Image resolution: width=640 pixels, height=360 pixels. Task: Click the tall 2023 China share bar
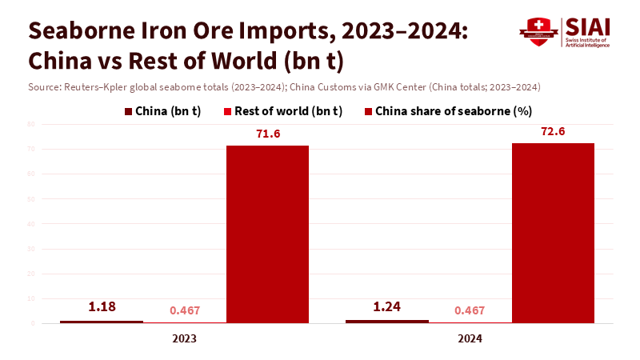267,234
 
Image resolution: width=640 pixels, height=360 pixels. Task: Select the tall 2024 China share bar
553,232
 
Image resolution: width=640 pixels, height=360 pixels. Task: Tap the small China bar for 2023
102,322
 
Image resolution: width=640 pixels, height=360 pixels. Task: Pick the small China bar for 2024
387,321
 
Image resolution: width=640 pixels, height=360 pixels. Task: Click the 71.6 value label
268,134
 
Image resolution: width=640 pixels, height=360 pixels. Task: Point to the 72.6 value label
553,131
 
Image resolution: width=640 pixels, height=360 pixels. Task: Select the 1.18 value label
102,307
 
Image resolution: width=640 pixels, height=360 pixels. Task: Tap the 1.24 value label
387,306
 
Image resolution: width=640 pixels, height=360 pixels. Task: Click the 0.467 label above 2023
185,310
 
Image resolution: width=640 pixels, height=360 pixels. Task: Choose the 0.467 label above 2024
470,310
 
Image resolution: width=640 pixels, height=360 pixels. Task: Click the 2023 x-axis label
185,339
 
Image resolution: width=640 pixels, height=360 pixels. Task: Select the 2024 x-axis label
470,339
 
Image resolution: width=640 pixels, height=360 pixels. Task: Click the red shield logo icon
538,32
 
